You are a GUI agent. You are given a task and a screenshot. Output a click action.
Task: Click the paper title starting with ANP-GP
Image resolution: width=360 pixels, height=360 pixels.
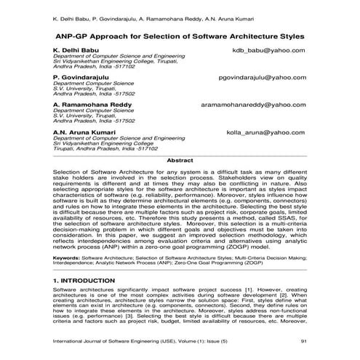180,35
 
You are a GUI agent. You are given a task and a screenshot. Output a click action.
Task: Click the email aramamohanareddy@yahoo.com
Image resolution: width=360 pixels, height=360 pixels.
254,105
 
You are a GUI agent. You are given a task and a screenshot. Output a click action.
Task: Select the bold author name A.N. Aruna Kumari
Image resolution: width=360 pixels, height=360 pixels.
85,132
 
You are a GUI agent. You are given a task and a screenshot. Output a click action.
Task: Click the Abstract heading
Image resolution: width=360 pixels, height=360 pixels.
180,159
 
